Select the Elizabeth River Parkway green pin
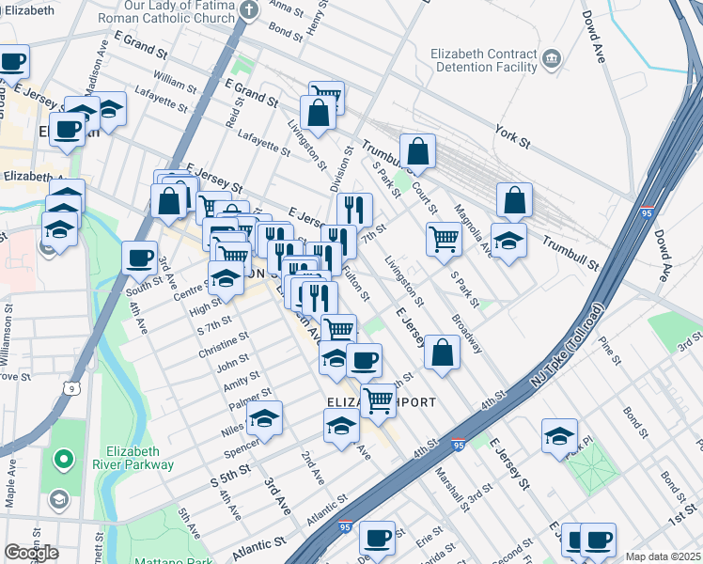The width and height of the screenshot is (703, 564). (64, 460)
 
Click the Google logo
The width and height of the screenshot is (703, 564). (31, 553)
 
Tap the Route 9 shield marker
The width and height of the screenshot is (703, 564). (71, 386)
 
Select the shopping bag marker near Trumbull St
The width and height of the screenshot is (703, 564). (417, 150)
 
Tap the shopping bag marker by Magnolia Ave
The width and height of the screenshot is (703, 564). (514, 199)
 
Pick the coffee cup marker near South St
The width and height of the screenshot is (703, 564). (139, 258)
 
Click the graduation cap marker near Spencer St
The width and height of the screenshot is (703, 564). (265, 418)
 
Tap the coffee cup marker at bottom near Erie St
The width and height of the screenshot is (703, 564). (377, 538)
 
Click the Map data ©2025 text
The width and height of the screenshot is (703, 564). (663, 556)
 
